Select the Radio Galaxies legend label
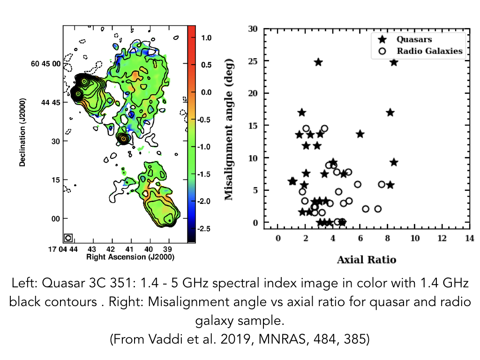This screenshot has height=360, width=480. click(429, 51)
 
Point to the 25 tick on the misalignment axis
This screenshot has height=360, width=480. click(254, 61)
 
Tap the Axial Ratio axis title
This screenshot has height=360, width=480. click(366, 260)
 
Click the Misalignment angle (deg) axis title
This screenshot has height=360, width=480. click(229, 129)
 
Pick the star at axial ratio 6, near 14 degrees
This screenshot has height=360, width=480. click(360, 134)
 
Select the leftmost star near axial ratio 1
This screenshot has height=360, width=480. click(292, 181)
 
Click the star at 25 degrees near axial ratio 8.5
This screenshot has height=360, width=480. click(394, 62)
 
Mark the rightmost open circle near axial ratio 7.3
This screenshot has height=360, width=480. click(378, 209)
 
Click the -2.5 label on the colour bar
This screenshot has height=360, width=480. click(205, 228)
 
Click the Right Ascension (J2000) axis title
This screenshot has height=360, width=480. click(123, 257)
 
